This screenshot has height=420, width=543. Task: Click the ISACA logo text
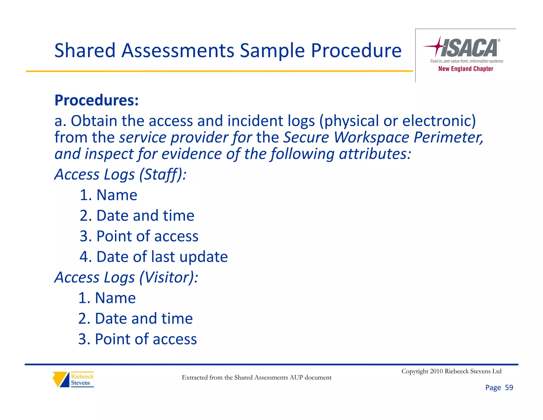470,48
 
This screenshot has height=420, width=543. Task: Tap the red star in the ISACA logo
438,46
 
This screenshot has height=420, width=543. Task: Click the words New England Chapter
466,69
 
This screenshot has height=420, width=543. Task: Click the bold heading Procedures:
97,100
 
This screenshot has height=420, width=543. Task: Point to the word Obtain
94,121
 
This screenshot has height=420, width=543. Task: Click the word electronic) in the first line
439,121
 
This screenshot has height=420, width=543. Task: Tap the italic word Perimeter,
448,138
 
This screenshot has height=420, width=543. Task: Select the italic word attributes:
375,154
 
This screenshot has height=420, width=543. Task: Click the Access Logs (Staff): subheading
120,174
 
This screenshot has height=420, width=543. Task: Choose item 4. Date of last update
154,257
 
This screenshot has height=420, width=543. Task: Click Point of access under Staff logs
147,236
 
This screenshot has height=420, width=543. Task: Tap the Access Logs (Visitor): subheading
126,277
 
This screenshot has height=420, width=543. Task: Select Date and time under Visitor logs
143,319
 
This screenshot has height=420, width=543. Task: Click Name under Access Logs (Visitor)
115,298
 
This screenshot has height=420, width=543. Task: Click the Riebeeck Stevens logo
73,379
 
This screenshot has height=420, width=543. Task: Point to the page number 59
509,388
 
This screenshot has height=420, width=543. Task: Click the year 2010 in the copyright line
436,371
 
